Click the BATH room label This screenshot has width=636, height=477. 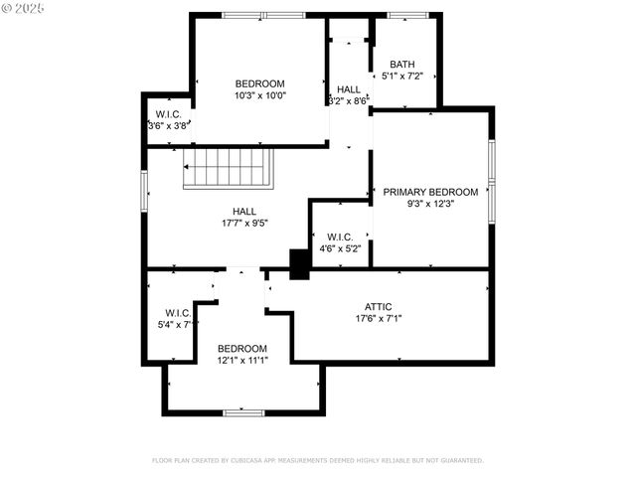(402, 64)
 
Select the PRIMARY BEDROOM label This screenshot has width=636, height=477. (430, 192)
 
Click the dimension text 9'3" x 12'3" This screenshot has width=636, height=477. (430, 204)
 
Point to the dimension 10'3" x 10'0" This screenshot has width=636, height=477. (259, 95)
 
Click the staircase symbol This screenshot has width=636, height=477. (229, 167)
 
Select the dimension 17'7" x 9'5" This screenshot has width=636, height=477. (244, 224)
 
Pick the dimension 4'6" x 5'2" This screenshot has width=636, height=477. (341, 248)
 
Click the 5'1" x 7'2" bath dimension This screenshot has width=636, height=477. (403, 76)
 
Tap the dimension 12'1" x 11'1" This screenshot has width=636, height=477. (242, 360)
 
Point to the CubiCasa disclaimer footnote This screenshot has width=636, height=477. (317, 460)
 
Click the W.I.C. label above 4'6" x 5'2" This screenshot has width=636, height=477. (339, 237)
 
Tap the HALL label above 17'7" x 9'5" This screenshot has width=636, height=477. (244, 211)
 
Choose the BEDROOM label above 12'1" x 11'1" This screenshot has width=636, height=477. (242, 348)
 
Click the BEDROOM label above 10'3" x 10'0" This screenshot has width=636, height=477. (259, 82)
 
